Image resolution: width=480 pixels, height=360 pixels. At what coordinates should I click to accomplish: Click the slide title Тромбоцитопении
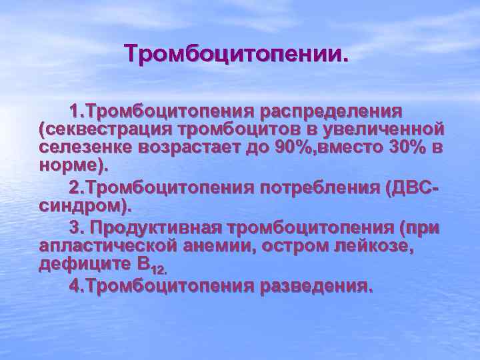tap(236, 54)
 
